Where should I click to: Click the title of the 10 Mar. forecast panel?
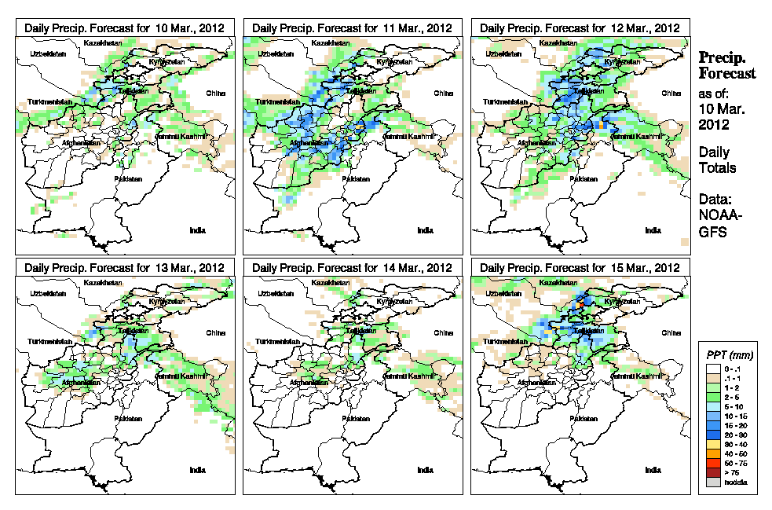pyautogui.click(x=125, y=28)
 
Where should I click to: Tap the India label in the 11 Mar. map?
pyautogui.click(x=425, y=230)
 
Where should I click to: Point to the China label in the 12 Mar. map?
pyautogui.click(x=671, y=93)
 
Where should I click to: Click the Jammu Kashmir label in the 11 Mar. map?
pyautogui.click(x=408, y=136)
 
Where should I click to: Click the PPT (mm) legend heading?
pyautogui.click(x=727, y=355)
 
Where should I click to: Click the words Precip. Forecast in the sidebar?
pyautogui.click(x=727, y=65)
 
